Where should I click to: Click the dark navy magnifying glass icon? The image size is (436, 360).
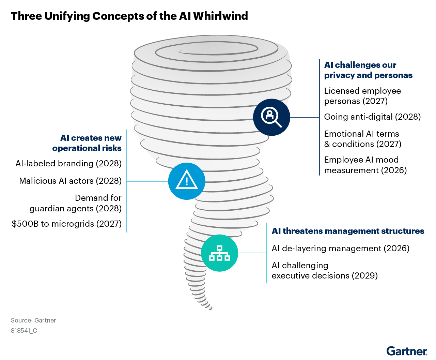tap(271, 117)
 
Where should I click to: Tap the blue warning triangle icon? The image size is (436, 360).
tap(187, 181)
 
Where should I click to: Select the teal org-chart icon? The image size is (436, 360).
tap(219, 253)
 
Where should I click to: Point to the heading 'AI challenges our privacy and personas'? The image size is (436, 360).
tap(368, 70)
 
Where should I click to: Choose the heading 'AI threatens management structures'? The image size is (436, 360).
tap(348, 231)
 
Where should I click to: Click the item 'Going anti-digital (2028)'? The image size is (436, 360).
tap(372, 117)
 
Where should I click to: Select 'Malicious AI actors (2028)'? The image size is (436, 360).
tap(71, 181)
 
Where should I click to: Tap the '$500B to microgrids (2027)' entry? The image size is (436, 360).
tap(67, 224)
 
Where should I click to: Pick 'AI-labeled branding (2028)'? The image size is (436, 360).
tap(69, 164)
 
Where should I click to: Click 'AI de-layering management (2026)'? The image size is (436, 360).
tap(340, 249)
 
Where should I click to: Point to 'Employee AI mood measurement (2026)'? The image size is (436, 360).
tap(365, 165)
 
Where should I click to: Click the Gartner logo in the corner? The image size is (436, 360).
tap(407, 351)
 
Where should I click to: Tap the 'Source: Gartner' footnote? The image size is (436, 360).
tap(33, 320)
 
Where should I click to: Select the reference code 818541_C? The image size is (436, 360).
tap(24, 331)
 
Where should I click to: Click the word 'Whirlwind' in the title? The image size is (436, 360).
tap(220, 16)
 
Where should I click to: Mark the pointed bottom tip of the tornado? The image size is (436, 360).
tap(211, 309)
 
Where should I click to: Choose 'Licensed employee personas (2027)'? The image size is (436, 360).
tap(362, 96)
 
